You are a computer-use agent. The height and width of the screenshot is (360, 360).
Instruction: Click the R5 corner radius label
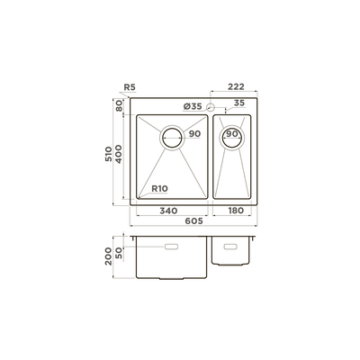[130, 87]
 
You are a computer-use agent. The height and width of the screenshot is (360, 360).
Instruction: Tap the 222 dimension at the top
[236, 86]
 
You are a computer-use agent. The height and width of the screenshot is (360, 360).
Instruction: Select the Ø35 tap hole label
[193, 106]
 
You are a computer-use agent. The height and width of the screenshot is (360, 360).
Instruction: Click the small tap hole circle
[211, 106]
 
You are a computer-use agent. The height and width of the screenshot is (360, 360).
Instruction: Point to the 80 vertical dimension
[119, 105]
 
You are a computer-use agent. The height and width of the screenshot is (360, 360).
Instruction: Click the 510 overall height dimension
[108, 154]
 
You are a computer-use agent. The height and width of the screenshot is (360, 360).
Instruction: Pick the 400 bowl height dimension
[119, 154]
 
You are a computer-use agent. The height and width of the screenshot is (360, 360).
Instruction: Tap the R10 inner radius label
[159, 189]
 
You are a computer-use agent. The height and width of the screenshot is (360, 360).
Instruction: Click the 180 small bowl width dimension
[236, 211]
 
